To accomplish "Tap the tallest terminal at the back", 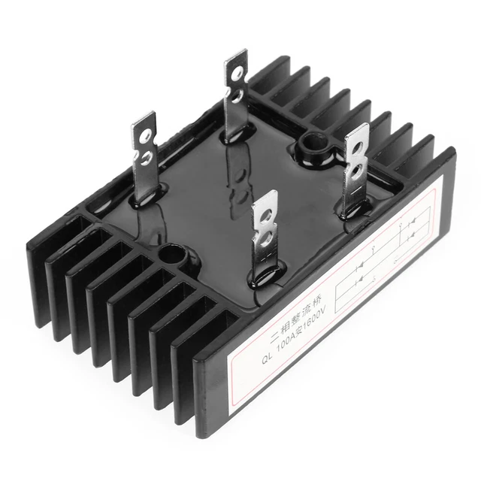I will click(x=234, y=90).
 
